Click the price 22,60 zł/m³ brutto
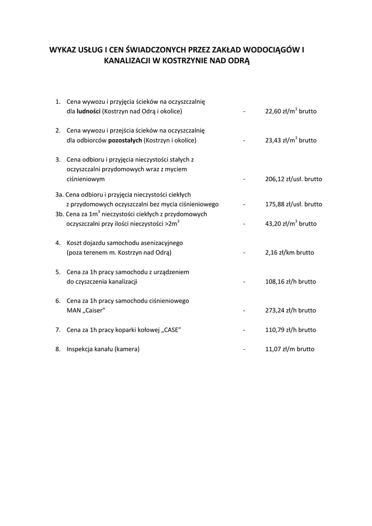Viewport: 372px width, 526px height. click(290, 111)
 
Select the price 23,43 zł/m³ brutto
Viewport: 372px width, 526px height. click(290, 140)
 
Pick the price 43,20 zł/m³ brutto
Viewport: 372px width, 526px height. click(290, 224)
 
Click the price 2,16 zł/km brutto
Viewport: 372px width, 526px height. click(289, 253)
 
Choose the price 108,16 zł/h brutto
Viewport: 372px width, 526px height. click(290, 282)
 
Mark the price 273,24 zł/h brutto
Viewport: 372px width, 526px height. click(290, 311)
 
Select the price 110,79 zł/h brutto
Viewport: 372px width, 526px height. click(290, 330)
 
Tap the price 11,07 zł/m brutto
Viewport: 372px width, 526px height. click(289, 349)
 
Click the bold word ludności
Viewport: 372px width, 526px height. click(89, 111)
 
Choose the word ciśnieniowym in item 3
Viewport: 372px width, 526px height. click(86, 179)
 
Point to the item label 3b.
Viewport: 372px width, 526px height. click(60, 214)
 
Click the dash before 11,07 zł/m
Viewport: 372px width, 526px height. click(245, 349)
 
